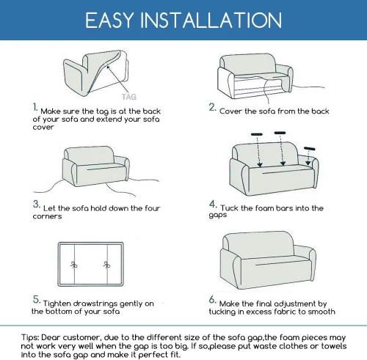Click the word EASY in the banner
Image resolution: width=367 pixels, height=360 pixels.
coord(109,20)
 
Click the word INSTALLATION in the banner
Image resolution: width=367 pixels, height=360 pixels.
coord(211,20)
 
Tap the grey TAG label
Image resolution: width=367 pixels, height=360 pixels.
coord(129,97)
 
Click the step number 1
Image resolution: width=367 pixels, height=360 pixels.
coord(35,108)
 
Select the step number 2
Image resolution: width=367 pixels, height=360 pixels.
coord(212,108)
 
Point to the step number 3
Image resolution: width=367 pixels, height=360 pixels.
coord(37,205)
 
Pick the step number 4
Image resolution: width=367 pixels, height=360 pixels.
coord(213,205)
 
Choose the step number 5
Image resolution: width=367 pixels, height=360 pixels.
coord(37,300)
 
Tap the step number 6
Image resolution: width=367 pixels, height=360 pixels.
coord(213,300)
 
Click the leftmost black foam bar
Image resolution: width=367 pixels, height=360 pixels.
coord(257,134)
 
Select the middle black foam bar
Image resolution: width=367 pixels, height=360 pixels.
coord(280,133)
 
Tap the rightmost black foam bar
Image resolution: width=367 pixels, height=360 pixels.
coord(310,148)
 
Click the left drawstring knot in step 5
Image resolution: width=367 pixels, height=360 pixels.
coord(74,265)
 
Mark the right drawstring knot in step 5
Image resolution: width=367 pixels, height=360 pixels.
coord(106,265)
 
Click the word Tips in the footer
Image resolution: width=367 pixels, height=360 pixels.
coord(30,338)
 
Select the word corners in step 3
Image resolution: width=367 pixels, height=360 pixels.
coord(47,216)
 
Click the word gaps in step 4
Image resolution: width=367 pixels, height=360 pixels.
coord(218,216)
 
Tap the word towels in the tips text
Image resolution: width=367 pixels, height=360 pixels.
coord(334,346)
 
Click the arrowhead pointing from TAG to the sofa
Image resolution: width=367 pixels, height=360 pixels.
coord(108,67)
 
